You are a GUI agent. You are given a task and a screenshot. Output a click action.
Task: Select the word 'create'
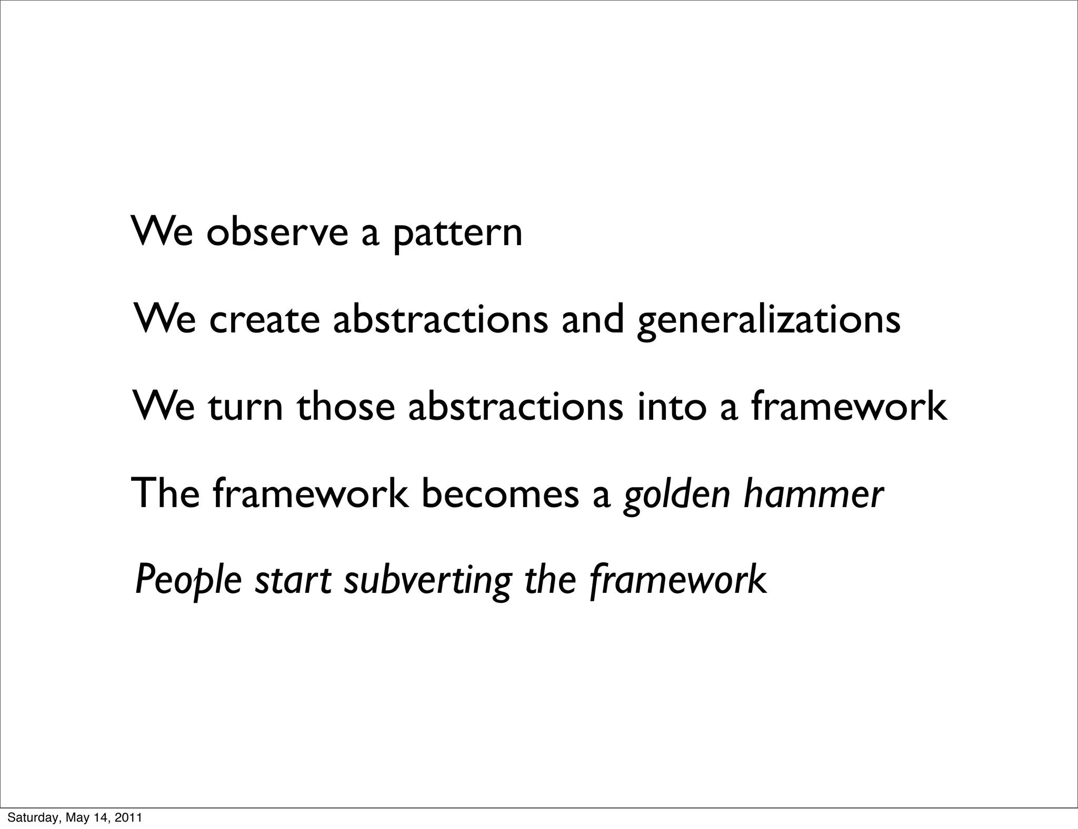264,319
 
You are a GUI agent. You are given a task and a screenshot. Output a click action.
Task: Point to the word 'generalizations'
768,321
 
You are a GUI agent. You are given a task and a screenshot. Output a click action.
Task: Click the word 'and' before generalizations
593,319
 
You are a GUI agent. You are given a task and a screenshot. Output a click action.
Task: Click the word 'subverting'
428,581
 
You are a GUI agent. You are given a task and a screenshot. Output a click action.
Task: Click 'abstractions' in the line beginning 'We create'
441,319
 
